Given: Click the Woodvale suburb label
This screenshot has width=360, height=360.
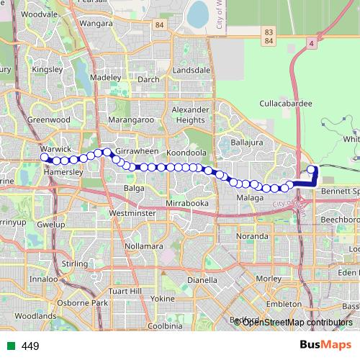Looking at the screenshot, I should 40,14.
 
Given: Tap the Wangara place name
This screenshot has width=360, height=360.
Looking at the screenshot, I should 96,24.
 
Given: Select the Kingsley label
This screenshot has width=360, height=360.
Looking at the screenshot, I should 48,70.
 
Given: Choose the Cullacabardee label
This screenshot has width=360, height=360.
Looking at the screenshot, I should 286,104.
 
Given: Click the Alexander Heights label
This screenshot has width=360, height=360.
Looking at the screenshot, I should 189,114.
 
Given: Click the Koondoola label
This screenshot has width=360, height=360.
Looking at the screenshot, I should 186,153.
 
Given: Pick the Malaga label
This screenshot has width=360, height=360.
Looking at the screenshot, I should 249,197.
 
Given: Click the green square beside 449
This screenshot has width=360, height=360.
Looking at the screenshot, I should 11,346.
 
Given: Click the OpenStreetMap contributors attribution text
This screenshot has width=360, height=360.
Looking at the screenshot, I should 297,323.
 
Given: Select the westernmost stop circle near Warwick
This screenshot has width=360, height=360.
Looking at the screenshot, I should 45,157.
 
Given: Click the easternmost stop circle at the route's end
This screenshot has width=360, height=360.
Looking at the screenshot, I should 312,170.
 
